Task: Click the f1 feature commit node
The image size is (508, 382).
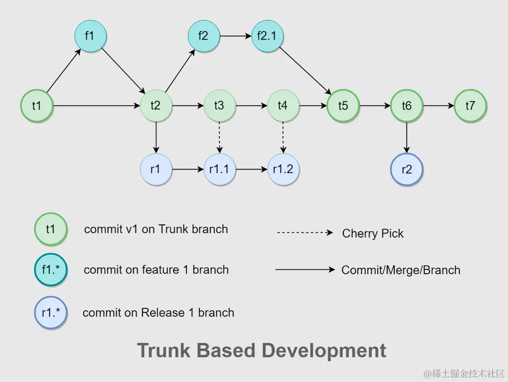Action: tap(91, 36)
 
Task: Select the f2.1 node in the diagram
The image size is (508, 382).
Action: tap(267, 36)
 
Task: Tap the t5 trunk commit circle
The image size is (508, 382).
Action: tap(343, 106)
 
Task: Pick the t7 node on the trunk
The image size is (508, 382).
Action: tap(470, 106)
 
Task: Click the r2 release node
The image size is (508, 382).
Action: tap(407, 169)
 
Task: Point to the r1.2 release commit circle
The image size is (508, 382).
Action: tap(283, 169)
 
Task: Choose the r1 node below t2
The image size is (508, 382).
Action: tap(156, 169)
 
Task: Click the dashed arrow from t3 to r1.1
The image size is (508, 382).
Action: tap(220, 137)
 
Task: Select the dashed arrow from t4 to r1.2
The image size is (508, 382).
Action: tap(283, 137)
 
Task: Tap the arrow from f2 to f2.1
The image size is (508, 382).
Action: tap(235, 36)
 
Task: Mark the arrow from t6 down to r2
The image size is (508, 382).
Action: tap(407, 137)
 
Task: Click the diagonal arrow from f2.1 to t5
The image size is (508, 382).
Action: tap(305, 71)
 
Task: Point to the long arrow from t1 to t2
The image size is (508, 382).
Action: tap(97, 106)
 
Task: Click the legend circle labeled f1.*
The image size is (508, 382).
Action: tap(51, 270)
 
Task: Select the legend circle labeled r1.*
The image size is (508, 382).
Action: tap(51, 313)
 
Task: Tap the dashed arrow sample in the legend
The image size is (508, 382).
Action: tap(305, 232)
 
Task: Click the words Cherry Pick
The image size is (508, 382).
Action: tap(373, 233)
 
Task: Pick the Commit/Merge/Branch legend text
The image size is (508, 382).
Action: tap(401, 270)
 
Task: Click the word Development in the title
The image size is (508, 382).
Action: tap(324, 351)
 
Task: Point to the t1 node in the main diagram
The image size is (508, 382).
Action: tap(37, 106)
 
